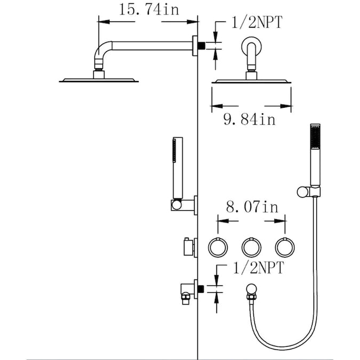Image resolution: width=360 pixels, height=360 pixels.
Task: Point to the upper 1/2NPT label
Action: (x=257, y=22)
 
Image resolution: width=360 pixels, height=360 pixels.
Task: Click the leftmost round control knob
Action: (x=217, y=247)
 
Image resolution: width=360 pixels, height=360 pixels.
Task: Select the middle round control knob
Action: (x=251, y=247)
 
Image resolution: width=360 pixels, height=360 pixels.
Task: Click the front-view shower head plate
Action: (x=252, y=81)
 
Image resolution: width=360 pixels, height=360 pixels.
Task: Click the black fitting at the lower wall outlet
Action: (x=202, y=288)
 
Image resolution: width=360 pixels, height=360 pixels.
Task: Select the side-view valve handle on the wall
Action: (x=187, y=247)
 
